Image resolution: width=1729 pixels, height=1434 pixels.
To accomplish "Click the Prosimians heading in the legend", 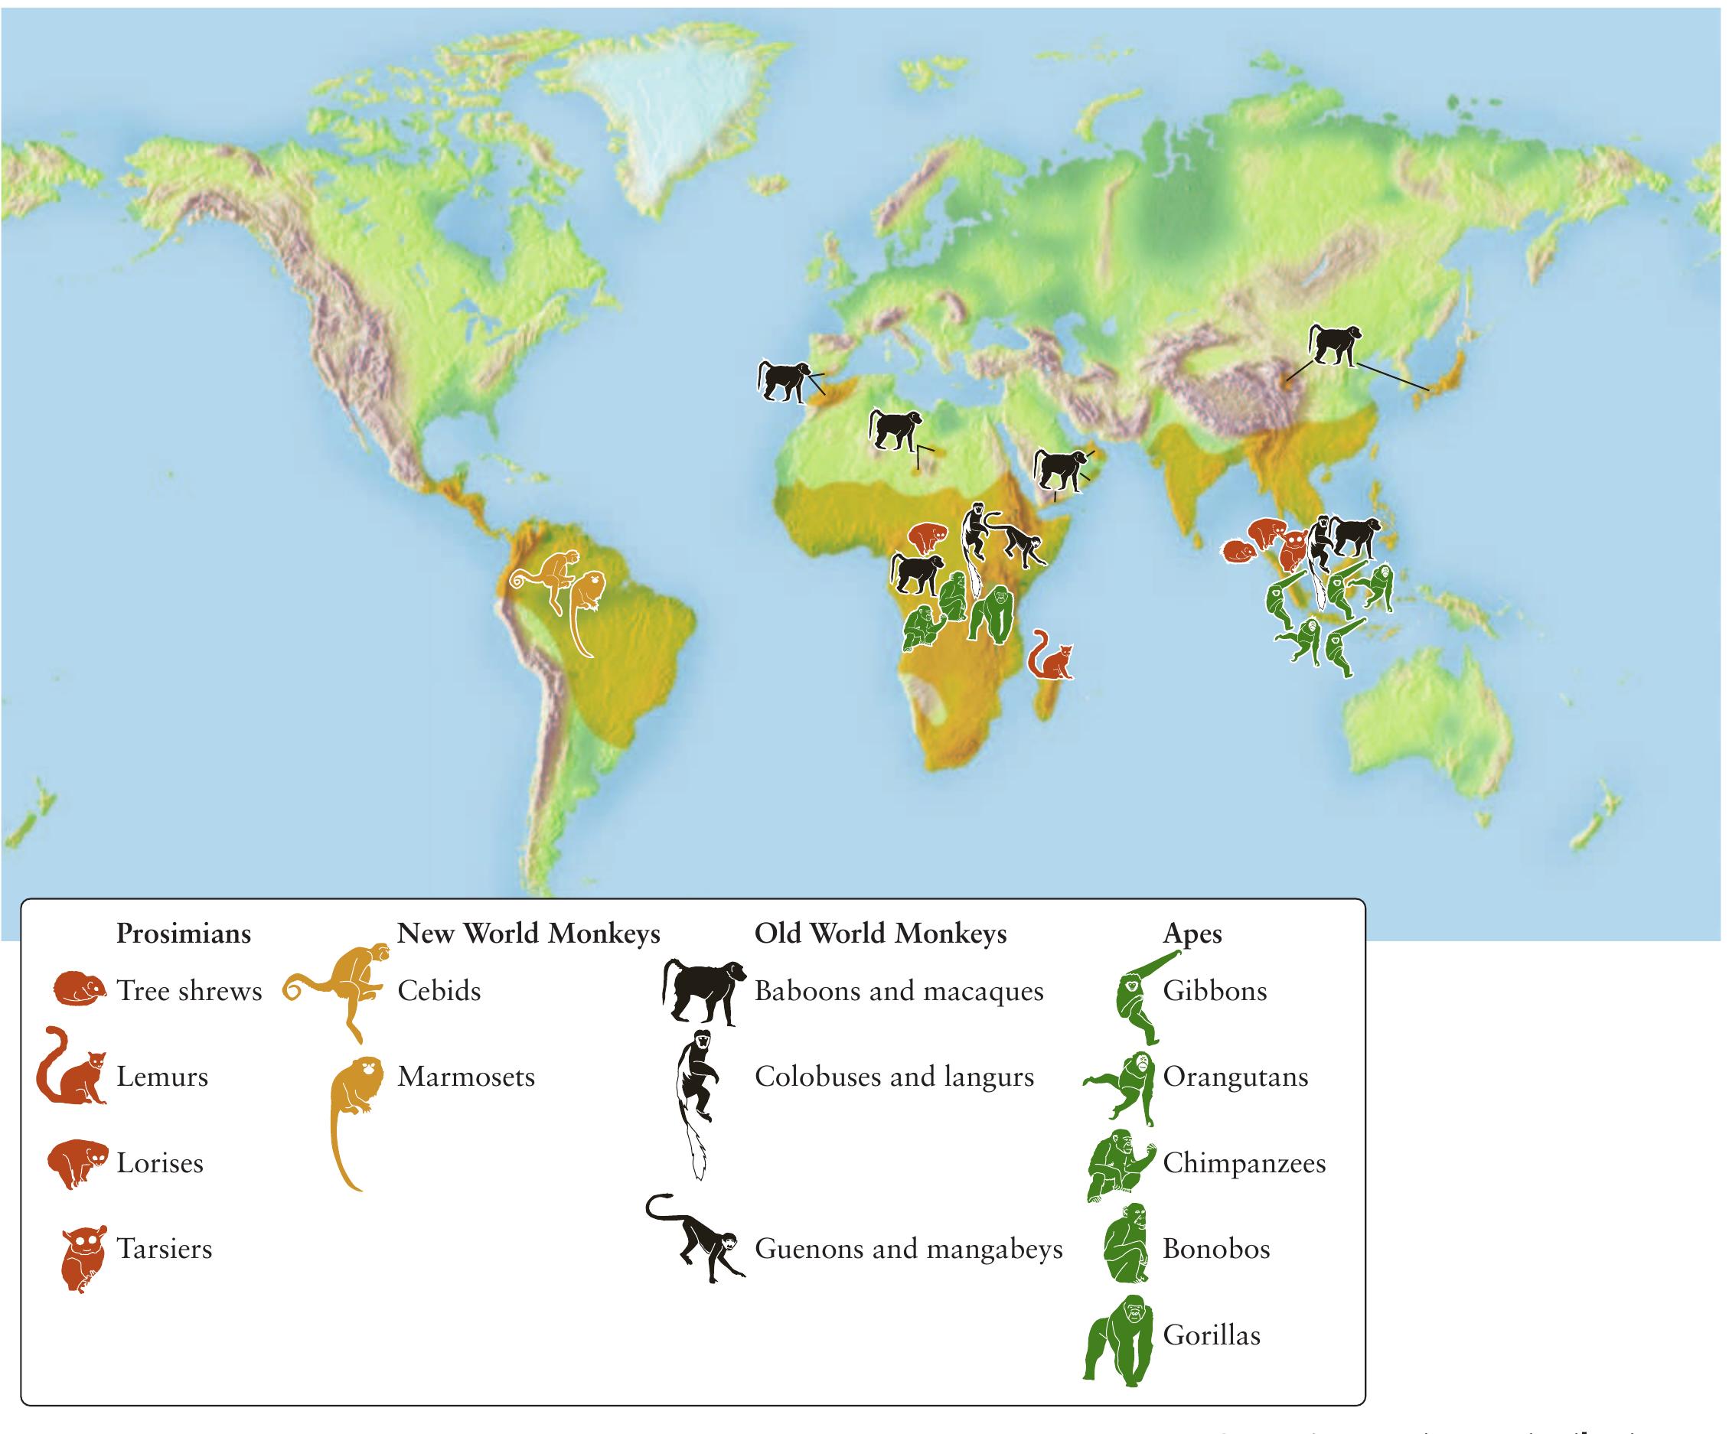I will (183, 934).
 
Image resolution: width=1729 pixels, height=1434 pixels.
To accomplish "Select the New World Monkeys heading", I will (529, 934).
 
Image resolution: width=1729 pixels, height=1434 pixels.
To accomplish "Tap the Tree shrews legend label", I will (188, 990).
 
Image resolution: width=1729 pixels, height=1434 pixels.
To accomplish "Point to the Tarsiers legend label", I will (164, 1249).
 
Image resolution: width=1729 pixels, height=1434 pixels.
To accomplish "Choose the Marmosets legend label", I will (466, 1077).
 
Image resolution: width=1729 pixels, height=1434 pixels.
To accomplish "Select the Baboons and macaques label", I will (899, 991).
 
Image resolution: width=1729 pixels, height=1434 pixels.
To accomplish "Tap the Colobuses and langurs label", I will (893, 1077).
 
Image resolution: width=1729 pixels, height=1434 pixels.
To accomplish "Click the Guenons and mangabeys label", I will (909, 1249).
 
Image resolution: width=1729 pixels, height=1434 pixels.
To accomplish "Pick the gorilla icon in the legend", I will (1118, 1343).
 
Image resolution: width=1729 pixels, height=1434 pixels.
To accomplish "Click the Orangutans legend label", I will (1235, 1077).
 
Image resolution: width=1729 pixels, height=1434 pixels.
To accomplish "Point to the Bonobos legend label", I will (1216, 1249).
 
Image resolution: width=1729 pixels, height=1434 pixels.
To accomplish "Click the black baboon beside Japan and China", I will (1334, 344).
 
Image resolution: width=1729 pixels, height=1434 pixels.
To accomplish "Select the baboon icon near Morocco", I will (784, 380).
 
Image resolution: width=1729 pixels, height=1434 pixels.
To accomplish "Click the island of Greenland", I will (667, 107).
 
